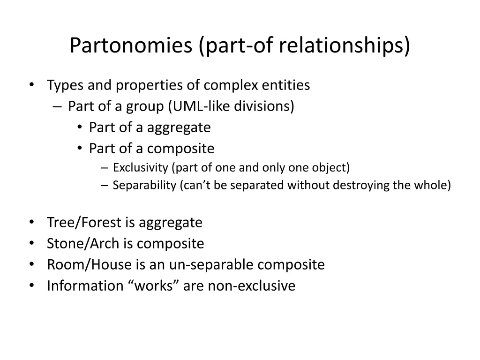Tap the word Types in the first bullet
pyautogui.click(x=65, y=85)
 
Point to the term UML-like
pyautogui.click(x=200, y=106)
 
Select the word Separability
pyautogui.click(x=144, y=185)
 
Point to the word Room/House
pyautogui.click(x=89, y=265)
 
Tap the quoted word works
pyautogui.click(x=153, y=286)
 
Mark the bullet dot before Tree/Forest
pyautogui.click(x=31, y=222)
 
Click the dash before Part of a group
pyautogui.click(x=57, y=107)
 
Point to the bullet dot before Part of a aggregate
pyautogui.click(x=80, y=127)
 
